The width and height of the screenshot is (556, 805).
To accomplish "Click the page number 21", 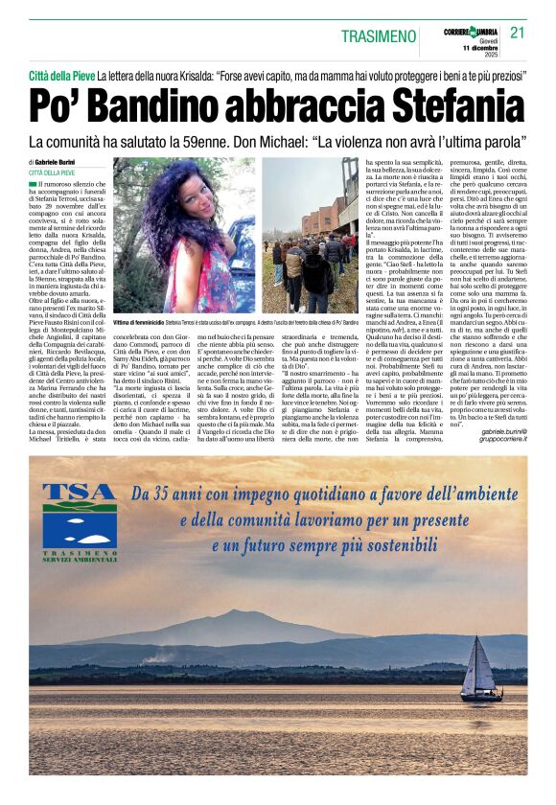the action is pyautogui.click(x=518, y=33).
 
